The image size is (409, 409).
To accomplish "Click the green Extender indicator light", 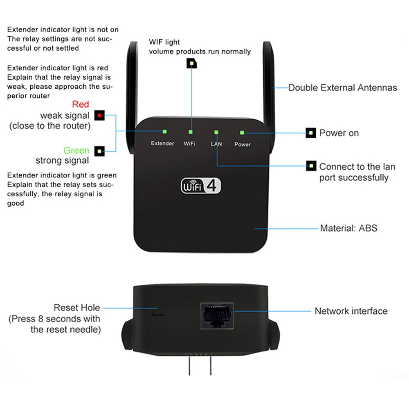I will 165,132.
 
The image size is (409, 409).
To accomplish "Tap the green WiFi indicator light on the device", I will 190,132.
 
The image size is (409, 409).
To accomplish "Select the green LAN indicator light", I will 216,132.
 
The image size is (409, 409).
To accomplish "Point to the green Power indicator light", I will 242,133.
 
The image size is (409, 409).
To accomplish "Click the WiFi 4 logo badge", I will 201,185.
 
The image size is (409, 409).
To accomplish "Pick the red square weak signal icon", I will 99,115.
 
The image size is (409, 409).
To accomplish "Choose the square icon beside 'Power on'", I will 311,133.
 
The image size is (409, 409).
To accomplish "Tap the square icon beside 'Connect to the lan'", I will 311,166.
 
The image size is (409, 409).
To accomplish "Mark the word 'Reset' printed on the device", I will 157,315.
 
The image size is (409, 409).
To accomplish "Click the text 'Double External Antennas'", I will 342,88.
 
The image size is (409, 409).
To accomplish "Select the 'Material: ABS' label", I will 348,228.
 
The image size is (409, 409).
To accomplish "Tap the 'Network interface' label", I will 351,311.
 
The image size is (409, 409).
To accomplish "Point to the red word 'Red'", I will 81,104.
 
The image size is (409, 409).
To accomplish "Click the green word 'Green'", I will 76,151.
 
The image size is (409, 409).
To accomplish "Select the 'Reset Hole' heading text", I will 77,308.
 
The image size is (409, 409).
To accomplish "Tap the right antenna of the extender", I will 268,82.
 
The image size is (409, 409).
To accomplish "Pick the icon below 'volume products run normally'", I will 191,63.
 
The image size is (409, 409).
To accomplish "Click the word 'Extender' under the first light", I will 162,144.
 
